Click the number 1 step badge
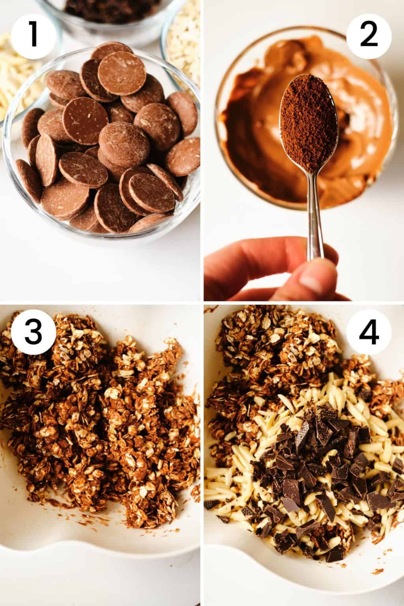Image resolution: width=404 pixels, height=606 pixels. click(33, 34)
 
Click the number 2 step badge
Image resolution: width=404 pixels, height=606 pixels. click(368, 34)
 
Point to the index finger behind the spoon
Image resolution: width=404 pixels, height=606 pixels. click(252, 268)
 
